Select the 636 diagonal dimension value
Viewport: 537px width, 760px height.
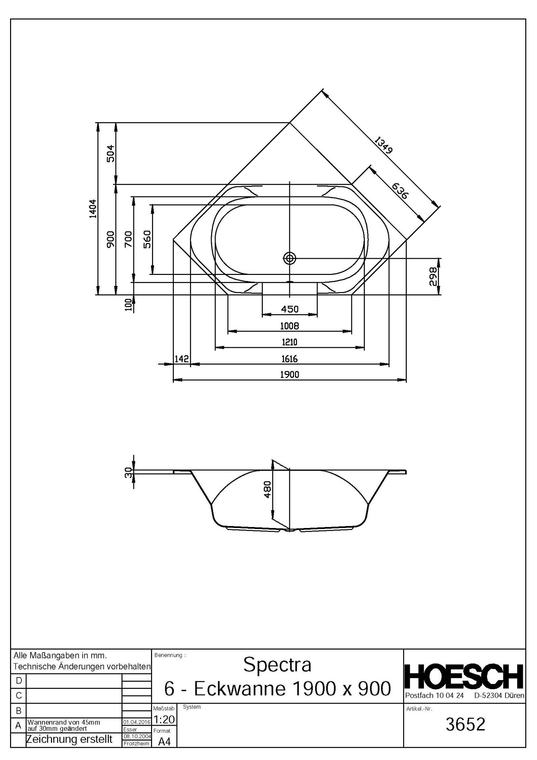click(x=400, y=191)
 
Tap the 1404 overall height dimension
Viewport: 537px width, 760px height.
click(x=93, y=208)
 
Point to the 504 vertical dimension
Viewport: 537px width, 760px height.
click(x=111, y=153)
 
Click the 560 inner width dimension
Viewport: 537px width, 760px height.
click(x=147, y=239)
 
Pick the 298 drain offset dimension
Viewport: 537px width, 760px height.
click(x=433, y=276)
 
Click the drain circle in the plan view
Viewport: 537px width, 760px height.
click(x=289, y=258)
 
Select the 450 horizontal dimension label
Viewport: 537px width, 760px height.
click(x=289, y=309)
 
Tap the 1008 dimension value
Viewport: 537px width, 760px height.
click(x=289, y=326)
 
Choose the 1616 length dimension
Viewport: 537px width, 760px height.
click(x=289, y=359)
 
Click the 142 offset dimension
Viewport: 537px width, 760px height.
click(x=182, y=359)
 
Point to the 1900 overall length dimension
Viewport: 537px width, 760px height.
click(x=289, y=374)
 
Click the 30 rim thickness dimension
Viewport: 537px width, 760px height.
click(x=128, y=472)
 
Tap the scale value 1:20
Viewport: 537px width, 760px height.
click(x=164, y=719)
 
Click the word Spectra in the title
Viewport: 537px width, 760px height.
click(x=277, y=665)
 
